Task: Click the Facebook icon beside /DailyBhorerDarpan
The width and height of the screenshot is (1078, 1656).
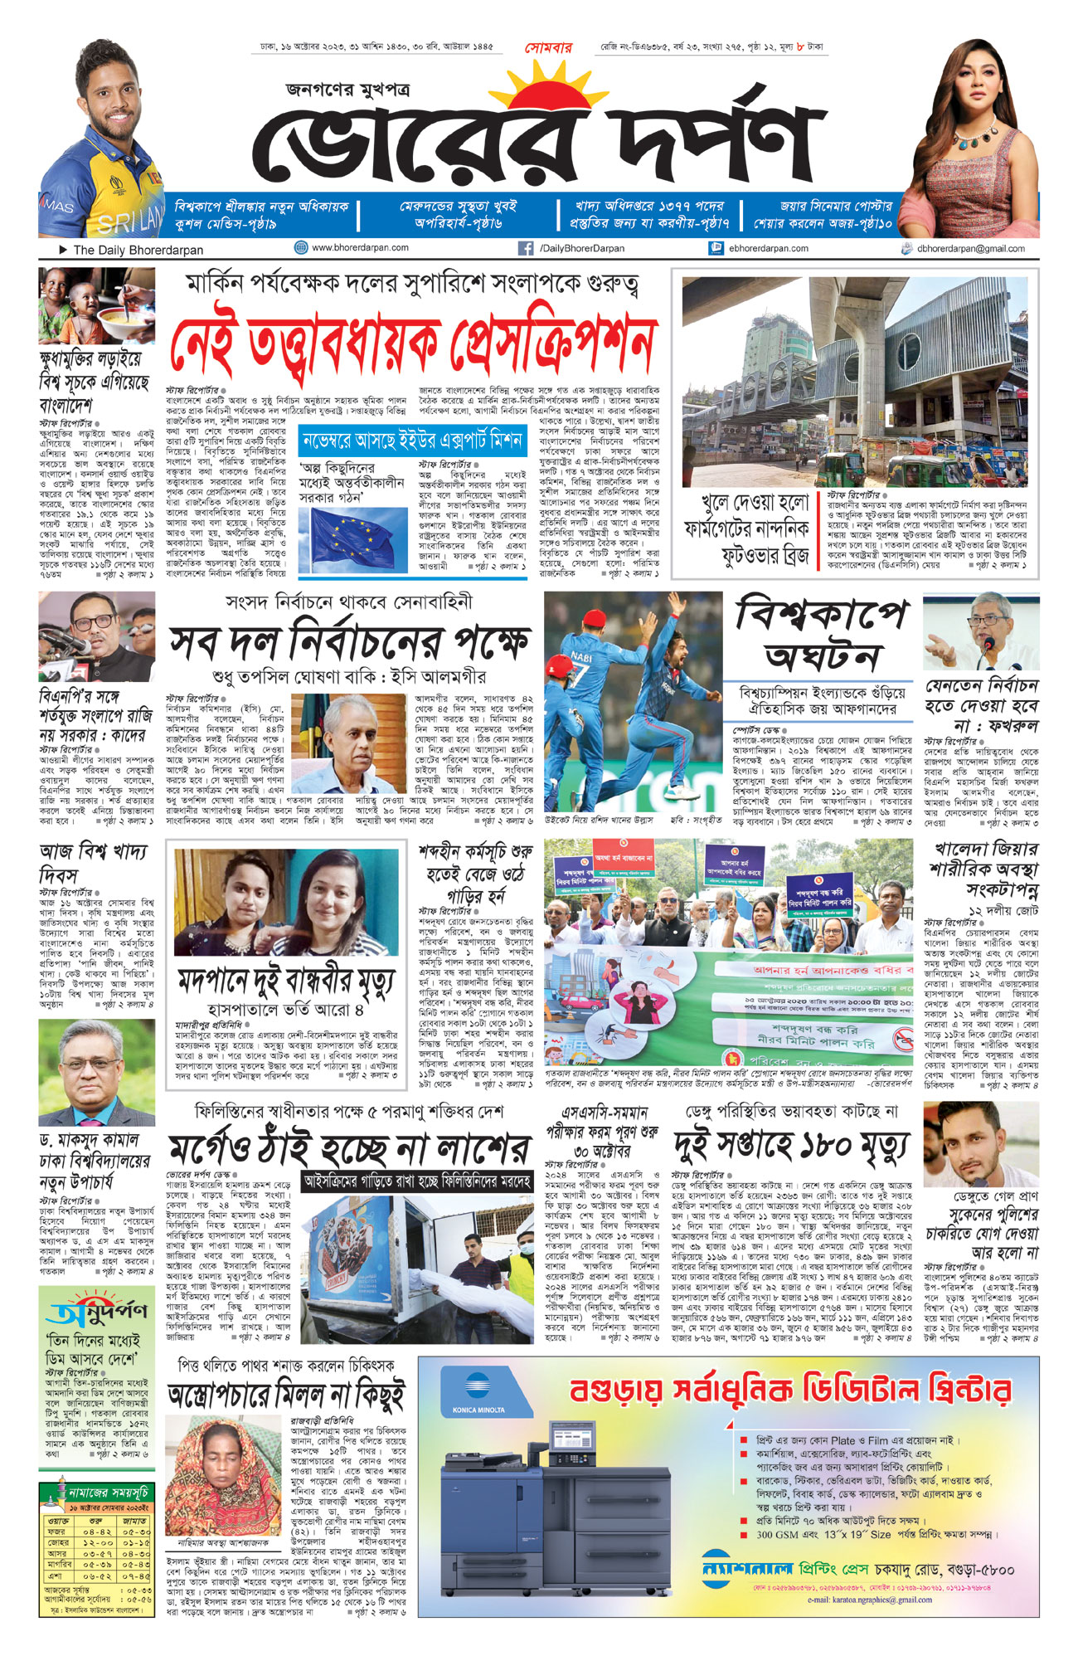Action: click(x=525, y=248)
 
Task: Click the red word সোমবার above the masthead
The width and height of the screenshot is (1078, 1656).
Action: click(x=548, y=48)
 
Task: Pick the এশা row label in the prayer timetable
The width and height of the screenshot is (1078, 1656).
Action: click(x=56, y=1575)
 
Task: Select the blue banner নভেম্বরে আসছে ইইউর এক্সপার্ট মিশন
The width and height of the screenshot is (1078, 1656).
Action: click(x=412, y=440)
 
